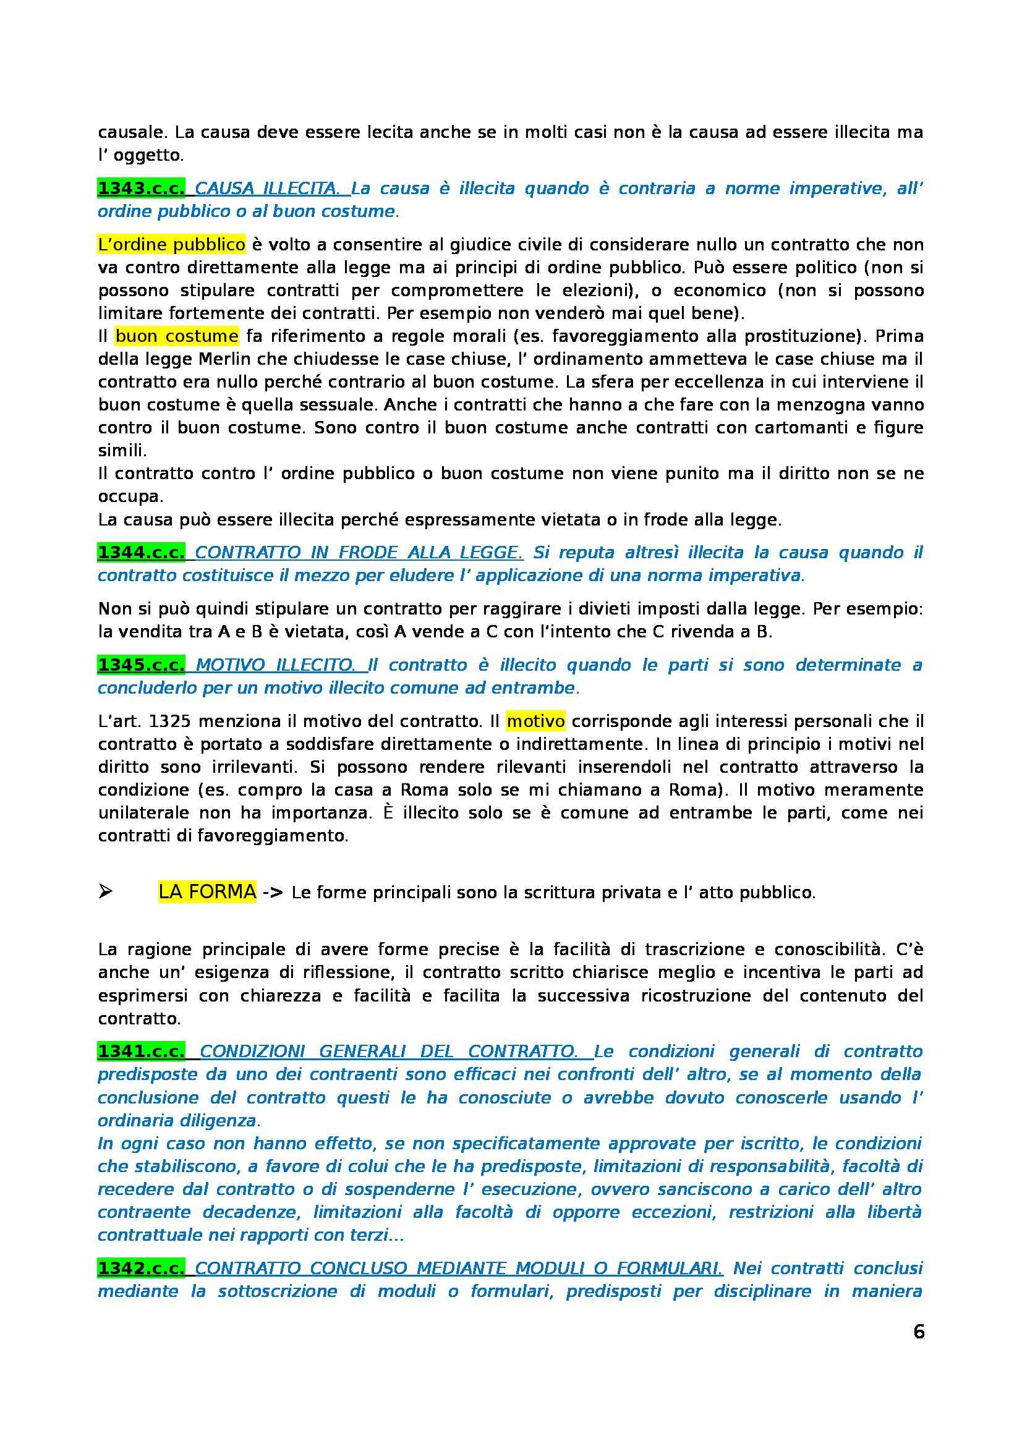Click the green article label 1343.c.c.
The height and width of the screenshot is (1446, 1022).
point(141,189)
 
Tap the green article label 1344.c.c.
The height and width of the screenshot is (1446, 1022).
point(141,552)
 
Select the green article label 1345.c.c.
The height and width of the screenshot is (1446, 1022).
point(141,665)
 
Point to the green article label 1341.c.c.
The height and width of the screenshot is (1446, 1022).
point(141,1051)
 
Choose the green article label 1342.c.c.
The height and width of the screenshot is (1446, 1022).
point(141,1268)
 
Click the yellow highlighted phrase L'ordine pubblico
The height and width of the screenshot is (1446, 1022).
point(171,244)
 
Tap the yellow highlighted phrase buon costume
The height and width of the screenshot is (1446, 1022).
point(177,336)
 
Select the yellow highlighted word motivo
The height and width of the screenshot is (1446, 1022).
point(535,721)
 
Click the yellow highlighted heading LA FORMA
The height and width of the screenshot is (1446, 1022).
point(207,892)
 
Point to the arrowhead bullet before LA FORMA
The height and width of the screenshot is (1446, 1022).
point(105,893)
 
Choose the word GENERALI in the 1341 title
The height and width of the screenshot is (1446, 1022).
point(365,1051)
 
